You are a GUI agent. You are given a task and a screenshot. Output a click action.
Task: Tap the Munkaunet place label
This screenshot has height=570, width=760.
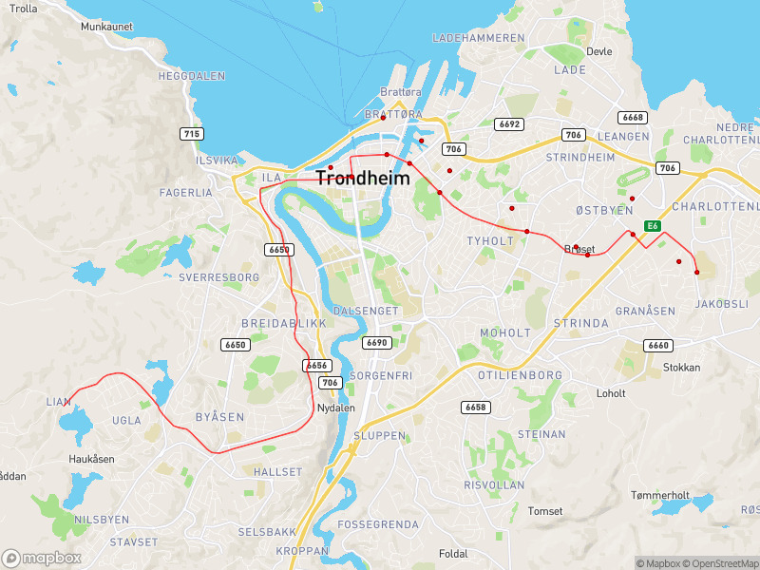coord(106,27)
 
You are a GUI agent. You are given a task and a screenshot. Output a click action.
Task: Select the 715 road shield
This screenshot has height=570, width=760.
coord(192,134)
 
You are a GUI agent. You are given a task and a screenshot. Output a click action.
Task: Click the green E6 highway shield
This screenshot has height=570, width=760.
coord(653,225)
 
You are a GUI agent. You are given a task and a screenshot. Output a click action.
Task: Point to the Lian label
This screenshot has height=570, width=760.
coord(58,402)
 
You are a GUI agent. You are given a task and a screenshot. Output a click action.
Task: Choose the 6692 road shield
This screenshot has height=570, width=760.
coord(508,124)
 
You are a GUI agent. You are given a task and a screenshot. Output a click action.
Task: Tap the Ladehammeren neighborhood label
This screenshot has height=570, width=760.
coord(478,38)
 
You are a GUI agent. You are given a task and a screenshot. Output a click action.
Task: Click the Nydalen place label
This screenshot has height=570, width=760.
coord(334,408)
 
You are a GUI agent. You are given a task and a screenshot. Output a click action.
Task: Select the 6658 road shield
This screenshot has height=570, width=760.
coord(476,407)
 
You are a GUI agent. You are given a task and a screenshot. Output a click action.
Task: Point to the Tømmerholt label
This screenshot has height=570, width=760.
coord(659,495)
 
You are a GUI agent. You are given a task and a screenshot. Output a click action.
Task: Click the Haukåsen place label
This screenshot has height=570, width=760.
coord(91,458)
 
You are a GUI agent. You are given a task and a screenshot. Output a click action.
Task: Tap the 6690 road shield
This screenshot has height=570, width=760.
coord(377,343)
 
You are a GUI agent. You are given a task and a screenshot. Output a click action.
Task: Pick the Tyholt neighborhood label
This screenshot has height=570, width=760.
coord(489,241)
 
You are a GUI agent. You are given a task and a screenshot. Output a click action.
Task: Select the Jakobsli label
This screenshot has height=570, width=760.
coord(722,304)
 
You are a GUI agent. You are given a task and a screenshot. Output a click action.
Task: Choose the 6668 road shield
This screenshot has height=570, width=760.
coord(632,118)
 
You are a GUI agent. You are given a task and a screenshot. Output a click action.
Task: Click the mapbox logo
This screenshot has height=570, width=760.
coord(42,559)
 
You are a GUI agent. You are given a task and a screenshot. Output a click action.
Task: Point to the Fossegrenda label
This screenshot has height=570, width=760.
coord(378,524)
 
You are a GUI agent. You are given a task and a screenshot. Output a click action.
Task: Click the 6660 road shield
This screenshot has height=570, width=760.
coord(657,346)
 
